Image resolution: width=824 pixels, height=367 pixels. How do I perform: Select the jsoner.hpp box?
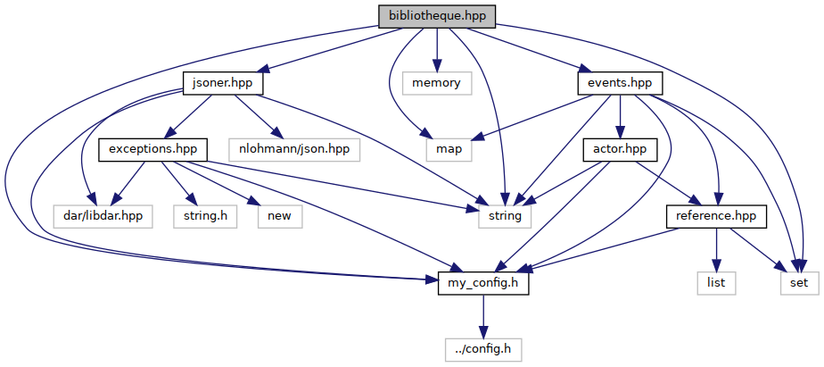point(223,83)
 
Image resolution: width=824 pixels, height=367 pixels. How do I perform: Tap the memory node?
point(436,83)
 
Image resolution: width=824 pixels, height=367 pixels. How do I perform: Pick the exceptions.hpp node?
point(153,148)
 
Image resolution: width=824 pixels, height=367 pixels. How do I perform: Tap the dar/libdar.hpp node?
point(97,215)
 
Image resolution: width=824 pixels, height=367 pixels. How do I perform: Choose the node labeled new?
point(278,215)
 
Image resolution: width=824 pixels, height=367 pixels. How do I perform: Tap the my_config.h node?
point(484,284)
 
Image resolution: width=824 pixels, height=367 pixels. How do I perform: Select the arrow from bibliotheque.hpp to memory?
point(436,49)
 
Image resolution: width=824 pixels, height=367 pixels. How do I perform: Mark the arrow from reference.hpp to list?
point(715,250)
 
